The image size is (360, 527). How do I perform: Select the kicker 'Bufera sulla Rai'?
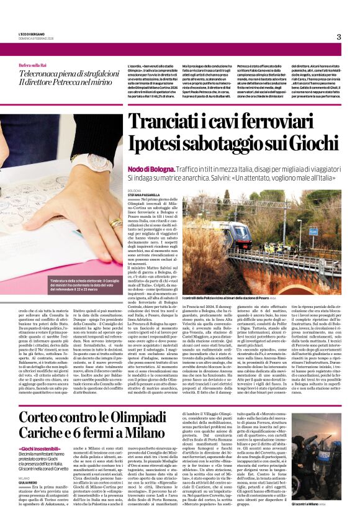pyautogui.click(x=32, y=65)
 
